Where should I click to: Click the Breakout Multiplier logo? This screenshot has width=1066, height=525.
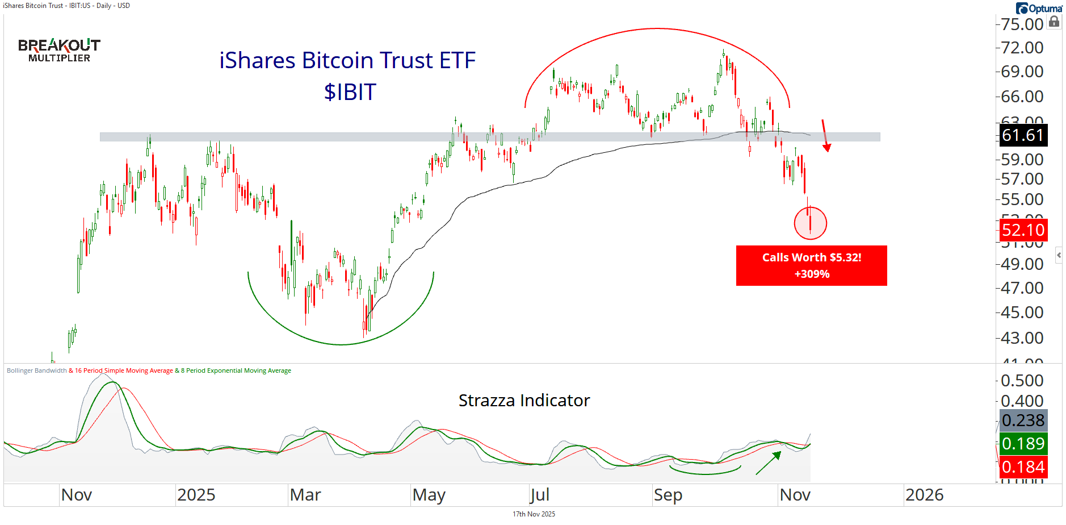59,50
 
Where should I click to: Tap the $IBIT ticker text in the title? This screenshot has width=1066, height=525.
350,92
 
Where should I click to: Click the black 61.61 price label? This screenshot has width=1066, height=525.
1023,135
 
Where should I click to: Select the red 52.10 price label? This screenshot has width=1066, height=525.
1023,230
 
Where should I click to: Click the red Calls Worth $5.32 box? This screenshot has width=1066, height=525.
811,265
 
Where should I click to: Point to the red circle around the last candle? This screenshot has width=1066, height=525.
810,223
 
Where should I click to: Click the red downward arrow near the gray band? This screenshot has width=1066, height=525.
825,136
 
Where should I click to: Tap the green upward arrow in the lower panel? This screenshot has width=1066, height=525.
769,463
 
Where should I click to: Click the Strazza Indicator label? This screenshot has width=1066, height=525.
524,401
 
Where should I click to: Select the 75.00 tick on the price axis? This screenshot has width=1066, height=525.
1022,24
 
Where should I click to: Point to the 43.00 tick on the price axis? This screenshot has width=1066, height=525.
1022,338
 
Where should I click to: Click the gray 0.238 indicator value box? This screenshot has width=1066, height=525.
1023,420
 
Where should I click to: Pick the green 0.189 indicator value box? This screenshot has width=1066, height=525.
1023,444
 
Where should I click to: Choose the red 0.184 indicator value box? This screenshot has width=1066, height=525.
1023,467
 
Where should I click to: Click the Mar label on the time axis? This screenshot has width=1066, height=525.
305,495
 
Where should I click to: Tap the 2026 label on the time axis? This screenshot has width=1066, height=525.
924,495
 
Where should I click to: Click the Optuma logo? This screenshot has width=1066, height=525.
1039,9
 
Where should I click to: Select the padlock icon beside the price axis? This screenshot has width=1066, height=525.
1054,22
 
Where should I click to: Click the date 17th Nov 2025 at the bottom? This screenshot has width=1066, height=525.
534,514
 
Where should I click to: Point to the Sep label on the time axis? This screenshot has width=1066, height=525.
668,495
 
